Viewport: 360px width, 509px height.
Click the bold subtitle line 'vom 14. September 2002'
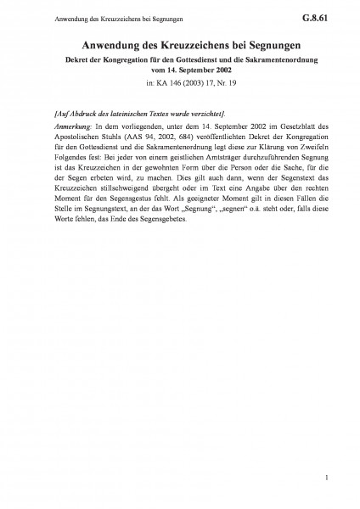click(179, 70)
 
